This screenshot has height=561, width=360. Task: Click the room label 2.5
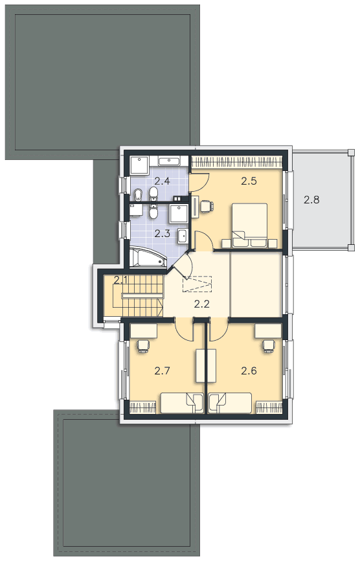click(x=249, y=181)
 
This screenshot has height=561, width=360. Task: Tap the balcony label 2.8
click(x=311, y=200)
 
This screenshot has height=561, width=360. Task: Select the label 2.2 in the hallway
click(x=201, y=304)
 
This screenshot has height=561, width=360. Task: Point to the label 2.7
click(x=162, y=371)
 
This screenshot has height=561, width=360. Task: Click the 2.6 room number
click(x=249, y=371)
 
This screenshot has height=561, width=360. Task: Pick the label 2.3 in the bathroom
click(x=162, y=234)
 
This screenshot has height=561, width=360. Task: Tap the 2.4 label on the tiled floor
click(x=162, y=181)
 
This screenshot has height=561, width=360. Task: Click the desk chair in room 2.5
click(x=207, y=206)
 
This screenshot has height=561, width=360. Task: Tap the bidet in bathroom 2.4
click(x=138, y=194)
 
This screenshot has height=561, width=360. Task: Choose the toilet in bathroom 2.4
click(x=153, y=194)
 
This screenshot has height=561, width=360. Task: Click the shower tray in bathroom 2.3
click(x=177, y=213)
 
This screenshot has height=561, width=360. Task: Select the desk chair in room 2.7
click(x=142, y=346)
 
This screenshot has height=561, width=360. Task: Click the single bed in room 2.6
click(x=230, y=403)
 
